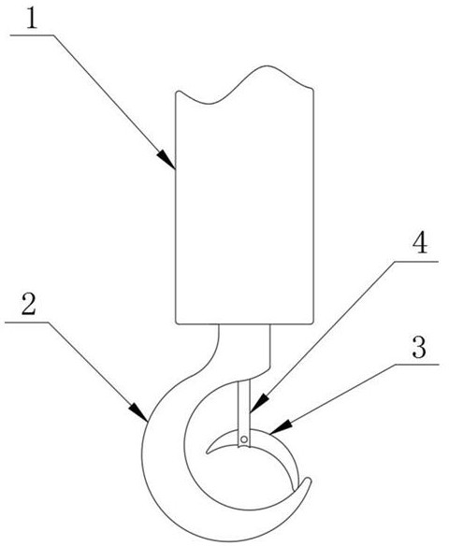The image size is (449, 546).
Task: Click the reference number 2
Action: tap(29, 304)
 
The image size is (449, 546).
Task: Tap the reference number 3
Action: tap(419, 347)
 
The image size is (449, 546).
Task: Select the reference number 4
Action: tap(420, 243)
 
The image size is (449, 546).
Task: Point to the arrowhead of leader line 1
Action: tap(167, 160)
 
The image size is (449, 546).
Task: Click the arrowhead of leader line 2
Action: tap(139, 413)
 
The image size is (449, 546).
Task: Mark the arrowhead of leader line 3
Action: tap(281, 427)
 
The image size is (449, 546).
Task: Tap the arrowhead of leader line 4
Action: tap(259, 403)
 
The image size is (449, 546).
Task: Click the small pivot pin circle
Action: tap(244, 439)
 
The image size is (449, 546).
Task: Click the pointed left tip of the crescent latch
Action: tap(208, 453)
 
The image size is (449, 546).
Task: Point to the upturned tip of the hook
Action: tap(308, 481)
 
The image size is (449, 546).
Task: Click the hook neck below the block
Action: tap(244, 348)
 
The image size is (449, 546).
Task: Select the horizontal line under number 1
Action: tap(32, 35)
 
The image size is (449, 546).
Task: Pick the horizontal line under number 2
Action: tap(26, 323)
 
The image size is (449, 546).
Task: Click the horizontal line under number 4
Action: tap(416, 261)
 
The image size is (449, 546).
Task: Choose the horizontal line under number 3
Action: tap(417, 365)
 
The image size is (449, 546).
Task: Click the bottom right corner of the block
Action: tap(313, 323)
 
